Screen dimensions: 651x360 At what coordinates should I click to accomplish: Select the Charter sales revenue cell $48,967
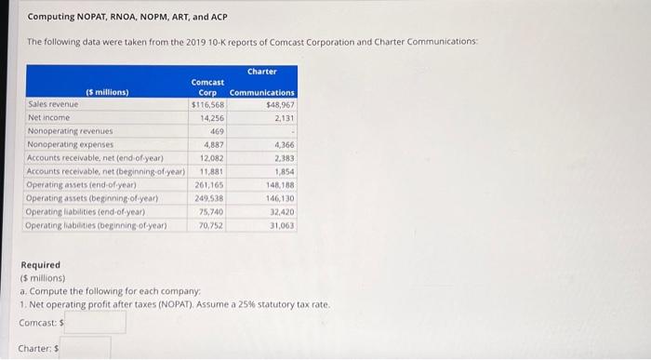point(279,105)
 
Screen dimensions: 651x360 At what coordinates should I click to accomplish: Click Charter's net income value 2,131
point(284,118)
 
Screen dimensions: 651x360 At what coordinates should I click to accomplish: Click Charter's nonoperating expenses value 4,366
point(284,145)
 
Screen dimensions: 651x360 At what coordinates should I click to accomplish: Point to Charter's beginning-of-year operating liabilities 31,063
point(281,225)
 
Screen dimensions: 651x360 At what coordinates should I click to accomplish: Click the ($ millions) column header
point(106,92)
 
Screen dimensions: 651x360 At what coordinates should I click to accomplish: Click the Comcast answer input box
point(95,323)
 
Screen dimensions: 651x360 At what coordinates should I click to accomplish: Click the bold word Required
point(40,265)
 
